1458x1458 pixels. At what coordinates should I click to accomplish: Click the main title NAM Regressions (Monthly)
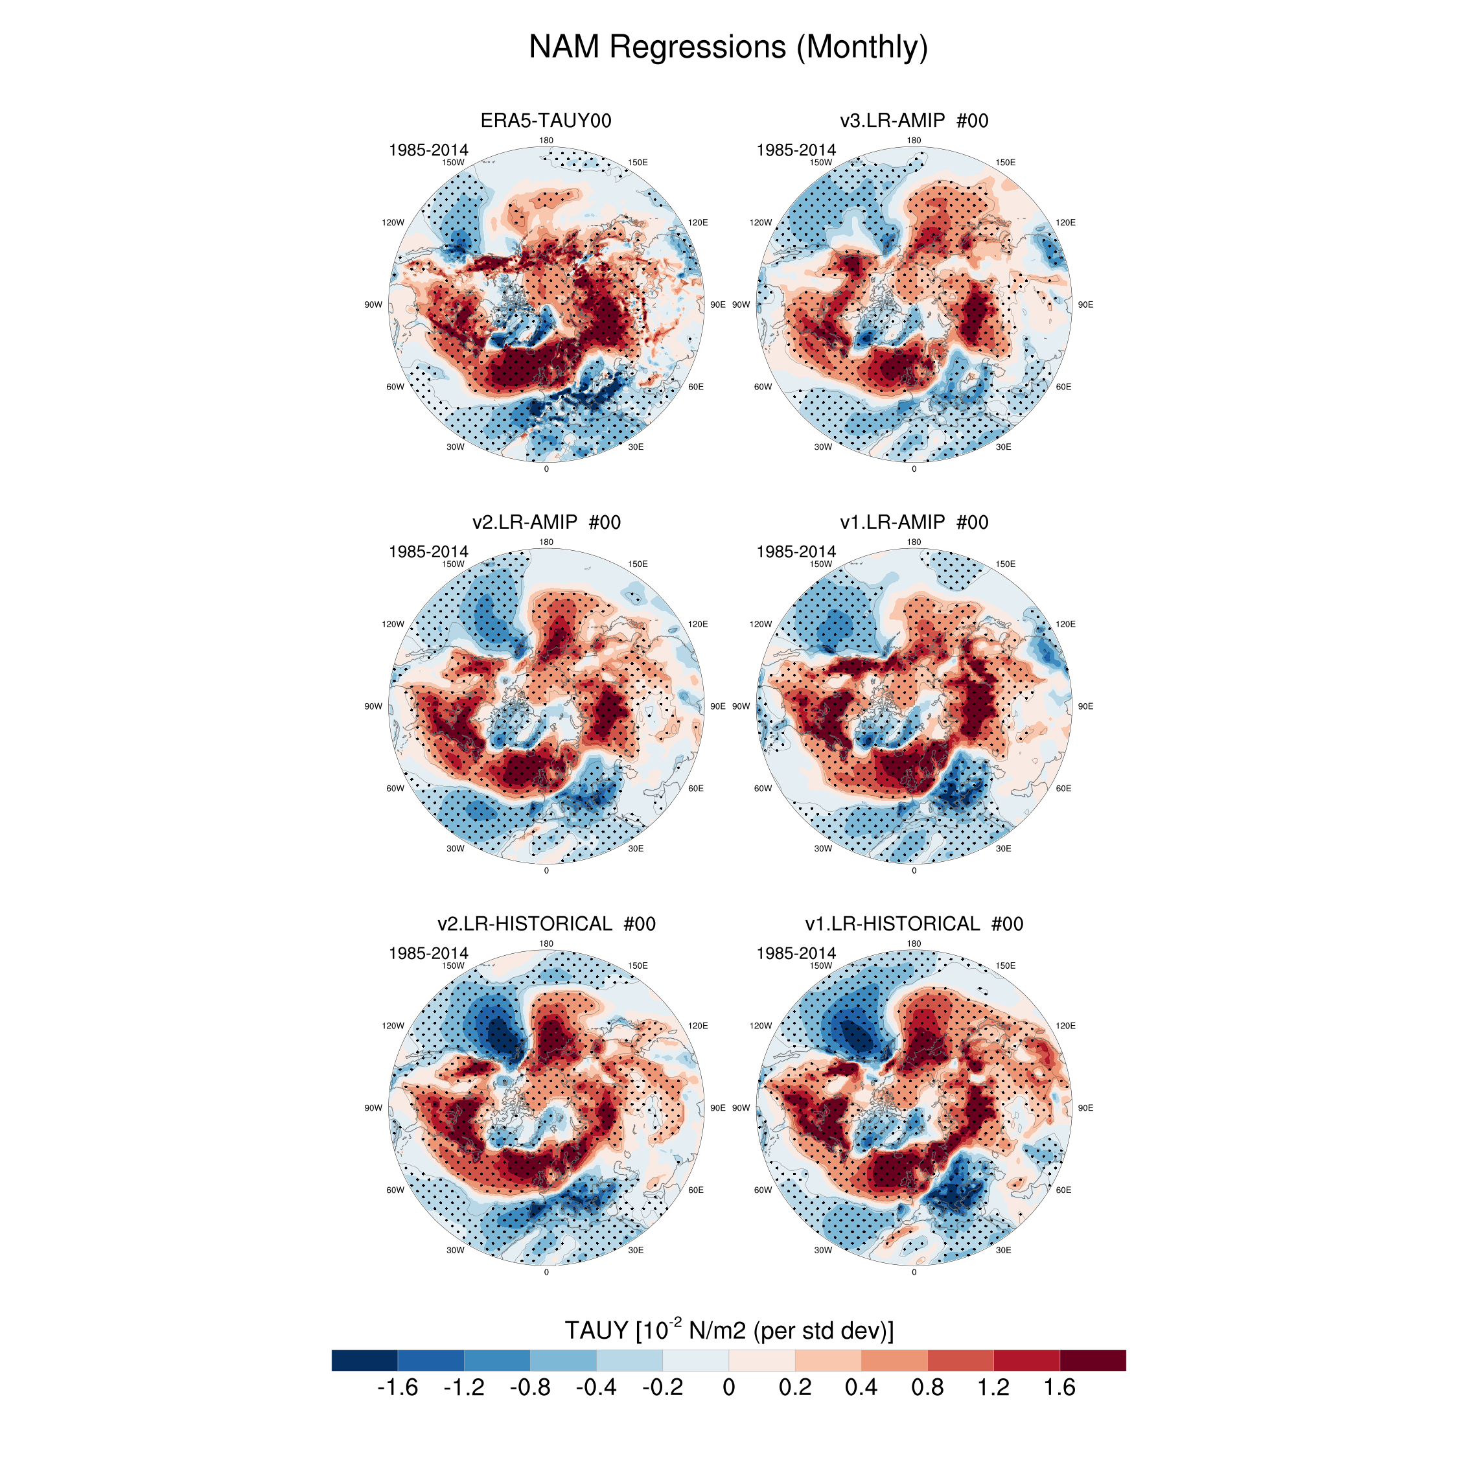coord(728,47)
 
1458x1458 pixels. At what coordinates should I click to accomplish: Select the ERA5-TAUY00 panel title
coord(546,121)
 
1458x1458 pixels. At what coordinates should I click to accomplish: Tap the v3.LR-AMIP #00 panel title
coord(914,121)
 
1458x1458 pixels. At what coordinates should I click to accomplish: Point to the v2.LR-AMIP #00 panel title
coord(546,522)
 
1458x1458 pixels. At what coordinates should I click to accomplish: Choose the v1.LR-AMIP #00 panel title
coord(914,522)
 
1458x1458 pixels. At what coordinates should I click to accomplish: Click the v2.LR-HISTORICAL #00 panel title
coord(546,923)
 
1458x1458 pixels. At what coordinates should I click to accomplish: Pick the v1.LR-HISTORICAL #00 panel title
coord(914,923)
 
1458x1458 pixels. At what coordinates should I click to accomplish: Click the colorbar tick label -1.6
coord(397,1387)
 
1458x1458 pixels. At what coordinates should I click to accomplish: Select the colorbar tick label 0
coord(728,1387)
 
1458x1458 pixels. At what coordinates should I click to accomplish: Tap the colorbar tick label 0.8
coord(927,1387)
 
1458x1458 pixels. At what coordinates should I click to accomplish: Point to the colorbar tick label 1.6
coord(1059,1387)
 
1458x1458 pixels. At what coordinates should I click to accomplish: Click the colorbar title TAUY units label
coord(728,1330)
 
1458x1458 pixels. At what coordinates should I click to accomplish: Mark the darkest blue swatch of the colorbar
coord(364,1360)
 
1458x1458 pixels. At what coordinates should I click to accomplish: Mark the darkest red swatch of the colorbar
coord(1093,1360)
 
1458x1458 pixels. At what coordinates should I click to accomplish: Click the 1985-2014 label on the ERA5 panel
coord(428,150)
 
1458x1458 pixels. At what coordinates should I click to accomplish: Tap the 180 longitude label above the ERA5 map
coord(546,141)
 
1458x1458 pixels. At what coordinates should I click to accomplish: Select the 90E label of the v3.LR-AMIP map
coord(1085,305)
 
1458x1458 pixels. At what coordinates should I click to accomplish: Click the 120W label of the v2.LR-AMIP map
coord(393,624)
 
